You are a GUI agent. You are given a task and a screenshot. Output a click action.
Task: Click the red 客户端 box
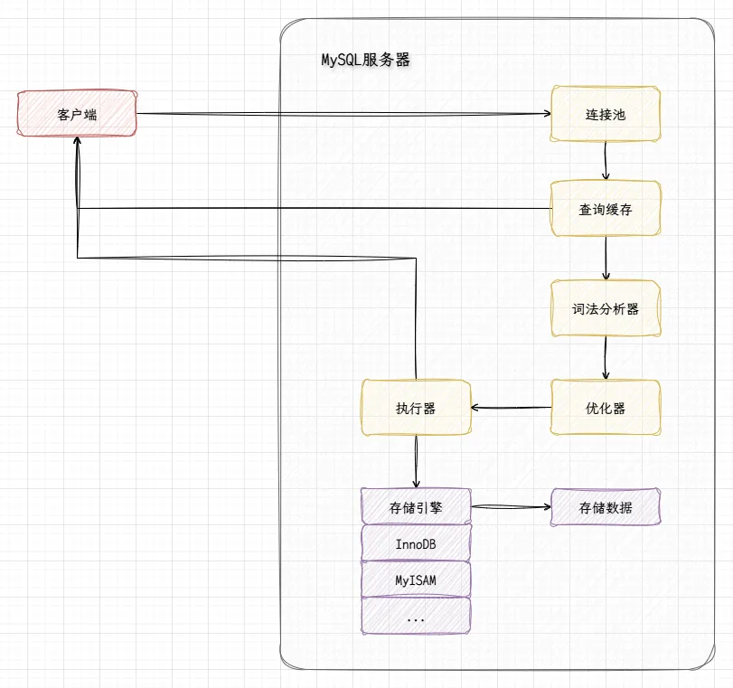(76, 114)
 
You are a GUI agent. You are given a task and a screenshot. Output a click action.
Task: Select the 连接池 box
(605, 115)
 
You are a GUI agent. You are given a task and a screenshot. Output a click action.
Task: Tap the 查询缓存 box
(605, 209)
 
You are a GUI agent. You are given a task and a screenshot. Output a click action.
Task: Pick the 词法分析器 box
(605, 308)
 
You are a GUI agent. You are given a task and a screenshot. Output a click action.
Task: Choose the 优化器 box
(605, 408)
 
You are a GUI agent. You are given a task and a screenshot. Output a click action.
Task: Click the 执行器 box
(416, 408)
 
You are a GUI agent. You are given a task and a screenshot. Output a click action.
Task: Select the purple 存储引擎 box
(416, 507)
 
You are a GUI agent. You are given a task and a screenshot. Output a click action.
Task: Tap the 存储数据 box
(605, 507)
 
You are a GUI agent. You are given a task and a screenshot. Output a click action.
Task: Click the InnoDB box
(416, 544)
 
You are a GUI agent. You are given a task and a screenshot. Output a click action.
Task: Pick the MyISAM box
(416, 580)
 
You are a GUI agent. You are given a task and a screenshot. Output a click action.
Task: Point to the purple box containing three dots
(416, 617)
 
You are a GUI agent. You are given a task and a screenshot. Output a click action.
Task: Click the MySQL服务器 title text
(366, 61)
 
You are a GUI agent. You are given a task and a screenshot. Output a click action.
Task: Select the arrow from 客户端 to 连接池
(343, 114)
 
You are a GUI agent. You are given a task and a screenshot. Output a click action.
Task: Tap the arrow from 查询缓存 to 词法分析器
(606, 258)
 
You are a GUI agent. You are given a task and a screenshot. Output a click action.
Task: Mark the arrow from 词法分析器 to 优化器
(606, 357)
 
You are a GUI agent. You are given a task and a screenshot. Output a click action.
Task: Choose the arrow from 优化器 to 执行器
(511, 408)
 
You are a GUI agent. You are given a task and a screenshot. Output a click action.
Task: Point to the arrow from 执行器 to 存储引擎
(416, 462)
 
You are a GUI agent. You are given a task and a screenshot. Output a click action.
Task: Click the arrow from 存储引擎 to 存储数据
(511, 507)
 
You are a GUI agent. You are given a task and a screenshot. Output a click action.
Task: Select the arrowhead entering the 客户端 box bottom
(79, 144)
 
